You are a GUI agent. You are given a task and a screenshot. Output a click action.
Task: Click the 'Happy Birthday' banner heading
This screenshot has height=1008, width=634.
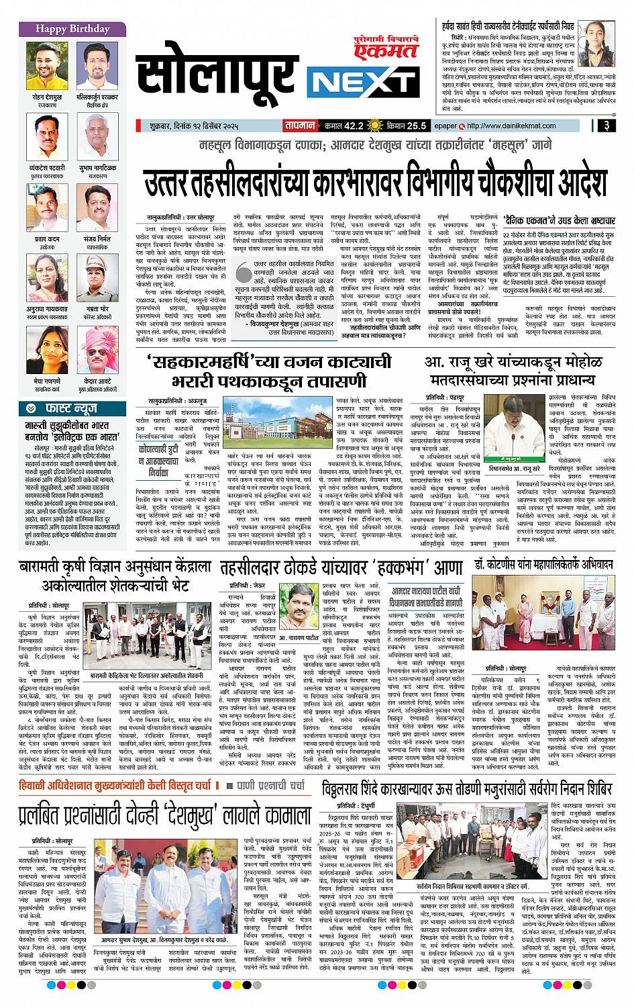pyautogui.click(x=64, y=30)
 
